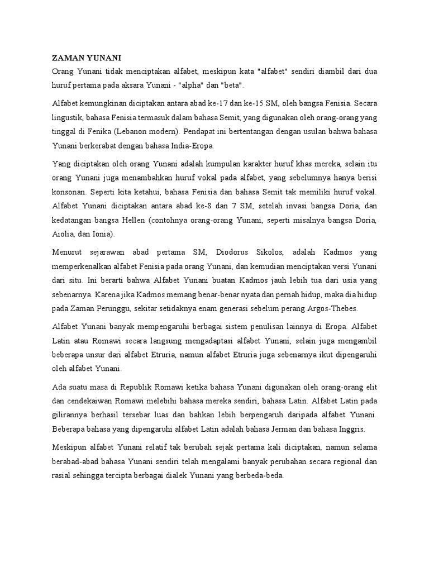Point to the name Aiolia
point(63,234)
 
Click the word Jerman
point(284,430)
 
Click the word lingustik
point(69,118)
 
